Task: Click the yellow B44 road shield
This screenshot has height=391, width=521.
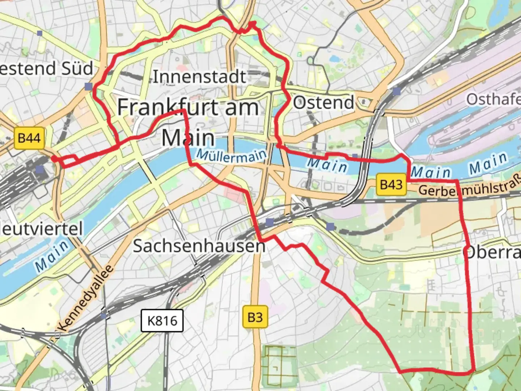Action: [29, 138]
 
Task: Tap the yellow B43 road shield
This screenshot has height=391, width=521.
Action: [391, 185]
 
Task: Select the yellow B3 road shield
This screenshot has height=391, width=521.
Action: [255, 317]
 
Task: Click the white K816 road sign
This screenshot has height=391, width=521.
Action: [162, 320]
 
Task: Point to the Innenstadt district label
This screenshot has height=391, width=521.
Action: [199, 77]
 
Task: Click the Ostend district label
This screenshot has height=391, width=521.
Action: [323, 102]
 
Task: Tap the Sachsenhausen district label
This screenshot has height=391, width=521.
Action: [199, 246]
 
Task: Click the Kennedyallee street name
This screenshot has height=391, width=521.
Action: [86, 298]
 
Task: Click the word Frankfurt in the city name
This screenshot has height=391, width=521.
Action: [168, 108]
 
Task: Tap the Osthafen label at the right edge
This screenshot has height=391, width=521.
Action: [494, 99]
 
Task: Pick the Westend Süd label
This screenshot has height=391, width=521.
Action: [45, 68]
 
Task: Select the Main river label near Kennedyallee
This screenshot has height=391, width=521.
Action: [52, 256]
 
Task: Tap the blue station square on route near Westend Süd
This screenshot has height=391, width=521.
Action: [89, 86]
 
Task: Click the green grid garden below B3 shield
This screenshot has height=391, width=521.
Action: [279, 366]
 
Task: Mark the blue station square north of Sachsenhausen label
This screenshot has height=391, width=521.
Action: [269, 222]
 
